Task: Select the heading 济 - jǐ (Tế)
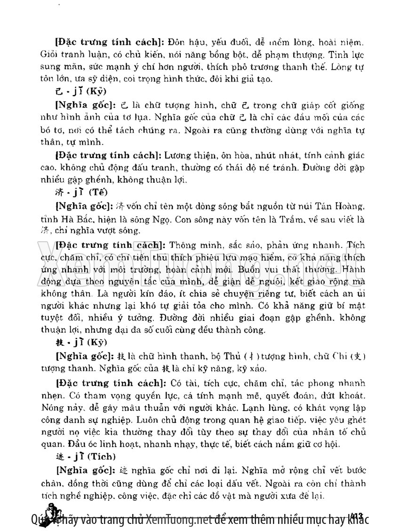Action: (80, 192)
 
